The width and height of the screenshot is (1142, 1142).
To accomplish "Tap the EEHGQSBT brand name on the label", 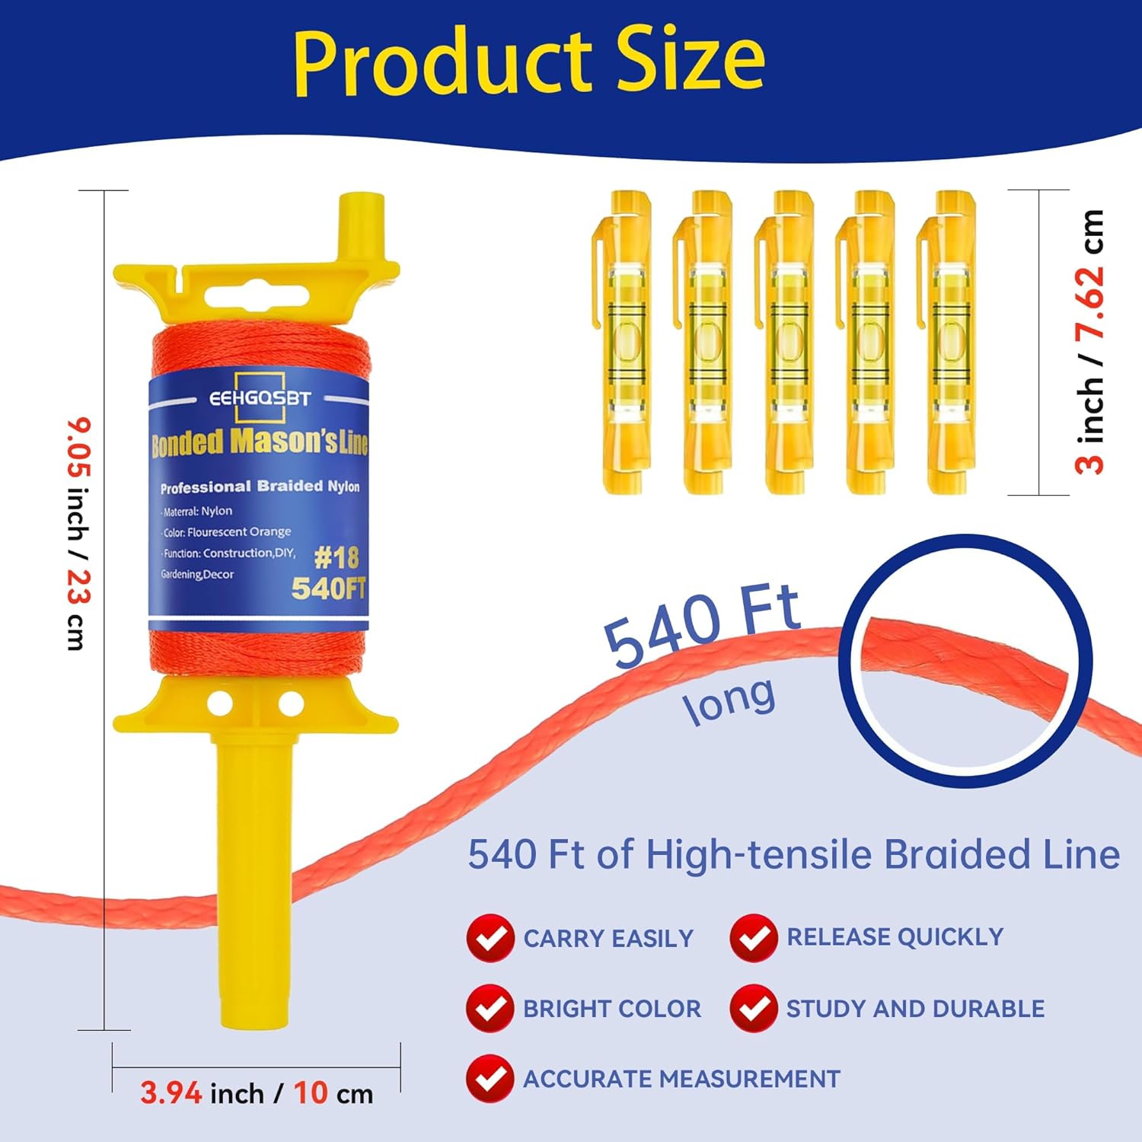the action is click(260, 398).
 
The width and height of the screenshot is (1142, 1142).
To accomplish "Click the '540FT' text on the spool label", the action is click(329, 589).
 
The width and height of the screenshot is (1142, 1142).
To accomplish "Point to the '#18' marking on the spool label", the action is click(336, 558).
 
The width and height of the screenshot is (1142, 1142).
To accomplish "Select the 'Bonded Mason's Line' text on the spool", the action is click(260, 442).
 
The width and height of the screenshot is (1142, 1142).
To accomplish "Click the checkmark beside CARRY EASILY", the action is click(490, 938).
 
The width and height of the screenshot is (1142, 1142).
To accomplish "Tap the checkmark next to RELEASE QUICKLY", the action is click(754, 938).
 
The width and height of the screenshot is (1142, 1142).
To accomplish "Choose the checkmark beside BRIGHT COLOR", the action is click(490, 1008).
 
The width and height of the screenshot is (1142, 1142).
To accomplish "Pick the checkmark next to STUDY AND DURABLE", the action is click(754, 1008).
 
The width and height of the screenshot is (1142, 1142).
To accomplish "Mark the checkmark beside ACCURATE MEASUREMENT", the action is click(490, 1079).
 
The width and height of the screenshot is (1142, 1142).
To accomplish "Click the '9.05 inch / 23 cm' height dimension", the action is click(78, 534).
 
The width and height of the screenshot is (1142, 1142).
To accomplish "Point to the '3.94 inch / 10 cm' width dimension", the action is click(257, 1093).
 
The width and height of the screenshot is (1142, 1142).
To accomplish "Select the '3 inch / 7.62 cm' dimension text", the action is click(1089, 342).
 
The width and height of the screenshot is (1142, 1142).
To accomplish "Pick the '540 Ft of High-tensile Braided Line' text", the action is click(793, 854).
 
